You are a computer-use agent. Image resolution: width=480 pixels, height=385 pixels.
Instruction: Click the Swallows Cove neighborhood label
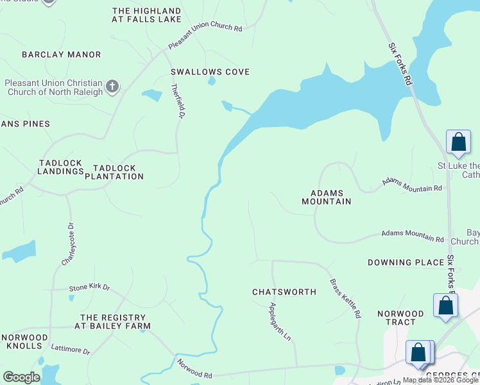(210, 72)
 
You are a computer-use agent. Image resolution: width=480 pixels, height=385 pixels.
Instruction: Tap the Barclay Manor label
(62, 55)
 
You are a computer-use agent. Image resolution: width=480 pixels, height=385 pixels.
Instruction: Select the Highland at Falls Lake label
(147, 17)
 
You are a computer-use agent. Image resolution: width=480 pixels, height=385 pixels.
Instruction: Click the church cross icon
(112, 87)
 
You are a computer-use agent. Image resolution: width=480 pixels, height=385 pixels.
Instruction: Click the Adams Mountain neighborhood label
(327, 197)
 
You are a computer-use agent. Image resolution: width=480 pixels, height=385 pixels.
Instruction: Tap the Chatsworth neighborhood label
(284, 292)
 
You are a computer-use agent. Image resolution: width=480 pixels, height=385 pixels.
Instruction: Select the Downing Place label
(406, 262)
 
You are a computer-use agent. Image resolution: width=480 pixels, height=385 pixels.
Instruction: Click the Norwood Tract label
(400, 319)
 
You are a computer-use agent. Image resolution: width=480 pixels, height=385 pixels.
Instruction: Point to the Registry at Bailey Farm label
(116, 321)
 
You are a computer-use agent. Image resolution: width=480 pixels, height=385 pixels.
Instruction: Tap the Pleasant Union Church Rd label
(205, 38)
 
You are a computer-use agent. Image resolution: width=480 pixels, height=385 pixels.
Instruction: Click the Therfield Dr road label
(177, 101)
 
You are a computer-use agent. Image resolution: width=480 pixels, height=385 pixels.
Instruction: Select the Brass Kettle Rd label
(346, 299)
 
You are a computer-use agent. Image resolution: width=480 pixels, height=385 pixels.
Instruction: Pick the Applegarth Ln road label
(280, 321)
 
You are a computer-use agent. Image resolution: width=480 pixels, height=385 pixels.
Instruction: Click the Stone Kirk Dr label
(90, 288)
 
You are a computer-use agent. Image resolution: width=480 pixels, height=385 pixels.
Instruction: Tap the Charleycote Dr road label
(67, 244)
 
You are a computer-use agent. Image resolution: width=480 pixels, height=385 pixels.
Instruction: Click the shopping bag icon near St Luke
(459, 142)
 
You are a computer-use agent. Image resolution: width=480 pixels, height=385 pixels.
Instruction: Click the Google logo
(22, 377)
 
